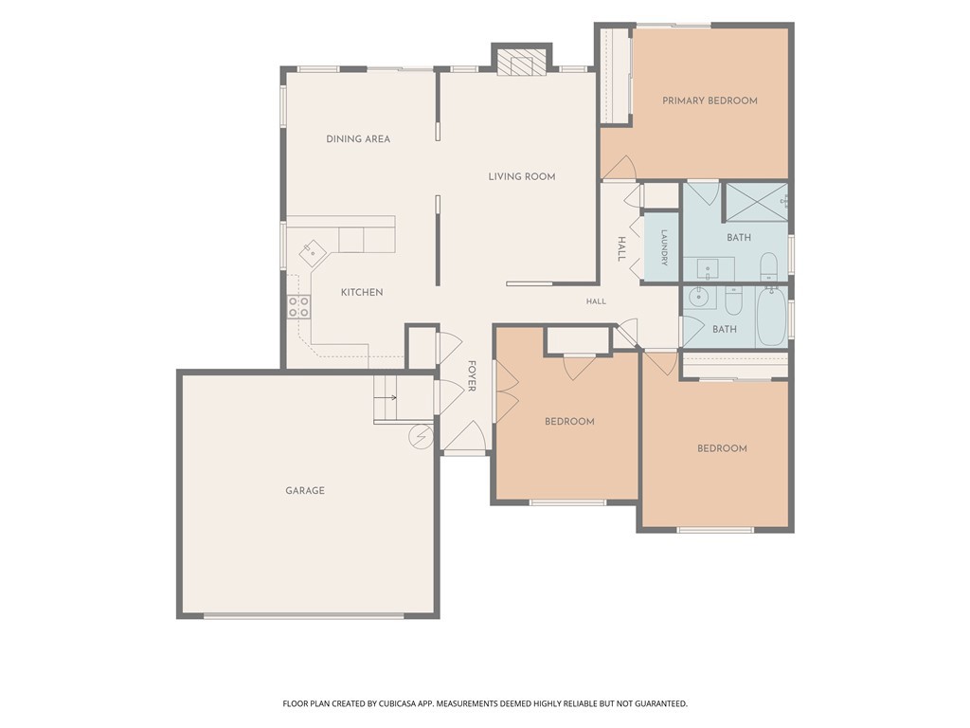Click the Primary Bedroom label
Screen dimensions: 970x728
click(710, 100)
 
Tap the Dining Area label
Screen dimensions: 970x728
click(358, 138)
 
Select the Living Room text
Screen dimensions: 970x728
click(522, 176)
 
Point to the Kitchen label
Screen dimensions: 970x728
click(362, 292)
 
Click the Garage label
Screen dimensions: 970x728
click(305, 490)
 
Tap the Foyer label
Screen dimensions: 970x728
click(472, 375)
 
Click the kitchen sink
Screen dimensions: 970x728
click(313, 253)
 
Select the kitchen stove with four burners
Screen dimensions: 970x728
click(298, 306)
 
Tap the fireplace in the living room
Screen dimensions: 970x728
click(522, 61)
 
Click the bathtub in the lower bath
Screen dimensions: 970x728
click(771, 316)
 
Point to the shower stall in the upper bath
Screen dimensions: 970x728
click(756, 202)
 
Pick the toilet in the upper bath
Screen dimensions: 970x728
click(769, 265)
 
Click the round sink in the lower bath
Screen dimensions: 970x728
click(698, 297)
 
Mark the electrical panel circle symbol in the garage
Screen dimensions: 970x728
click(420, 436)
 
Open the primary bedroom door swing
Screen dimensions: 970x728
click(620, 168)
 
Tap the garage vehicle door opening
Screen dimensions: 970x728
click(304, 616)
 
